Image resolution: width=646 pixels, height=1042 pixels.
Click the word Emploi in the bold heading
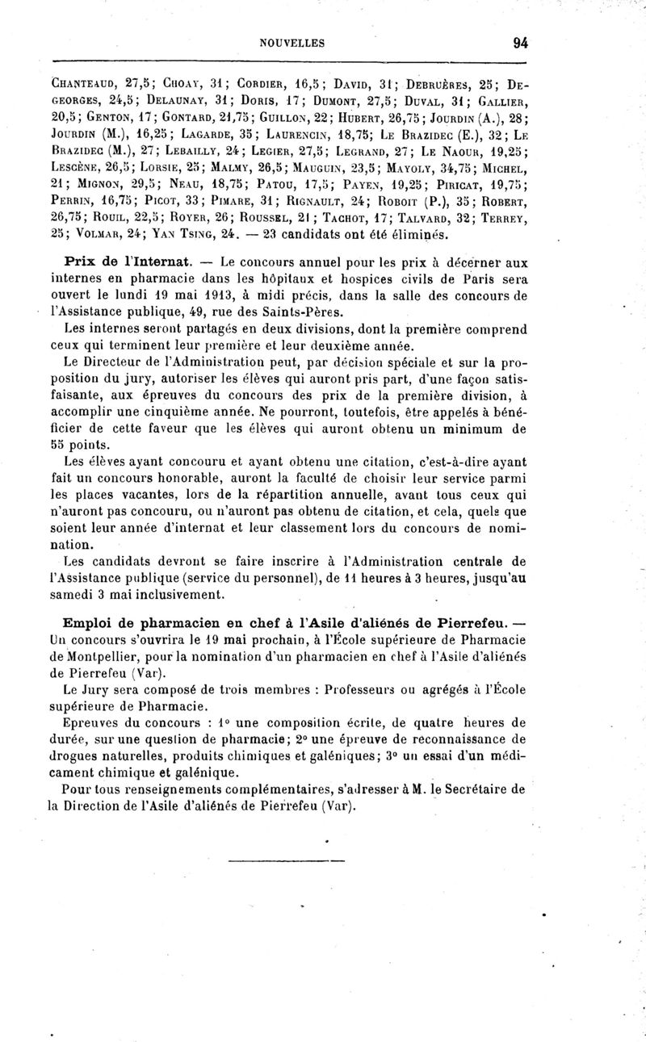point(92,623)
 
